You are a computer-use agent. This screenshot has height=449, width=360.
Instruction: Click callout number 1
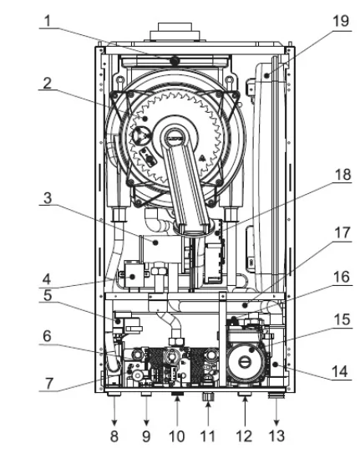coord(48,21)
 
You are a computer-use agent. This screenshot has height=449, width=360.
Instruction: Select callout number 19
coord(341,21)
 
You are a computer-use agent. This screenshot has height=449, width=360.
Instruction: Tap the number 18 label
coord(342,175)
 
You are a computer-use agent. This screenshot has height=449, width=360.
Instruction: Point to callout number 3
coord(48,198)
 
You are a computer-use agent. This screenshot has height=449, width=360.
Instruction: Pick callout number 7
coord(49,384)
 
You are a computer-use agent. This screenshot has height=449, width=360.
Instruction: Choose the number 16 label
coord(342,277)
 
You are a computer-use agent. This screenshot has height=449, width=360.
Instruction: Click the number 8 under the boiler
coord(114,436)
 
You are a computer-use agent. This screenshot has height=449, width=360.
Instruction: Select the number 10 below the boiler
coord(177,436)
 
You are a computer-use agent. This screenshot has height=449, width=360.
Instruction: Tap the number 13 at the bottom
coord(276,436)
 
